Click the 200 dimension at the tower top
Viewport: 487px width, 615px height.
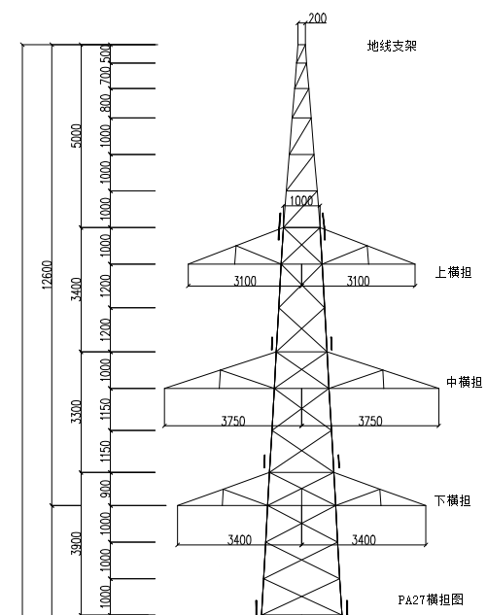tap(318, 18)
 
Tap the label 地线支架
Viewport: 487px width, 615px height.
tap(392, 46)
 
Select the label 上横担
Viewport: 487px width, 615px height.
tap(453, 272)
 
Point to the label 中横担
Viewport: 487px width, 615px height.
tap(465, 382)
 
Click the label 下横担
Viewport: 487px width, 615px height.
tap(452, 500)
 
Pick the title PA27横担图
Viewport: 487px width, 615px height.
tap(431, 599)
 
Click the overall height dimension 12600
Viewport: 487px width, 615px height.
tap(47, 275)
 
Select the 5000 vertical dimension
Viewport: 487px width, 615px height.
tap(77, 136)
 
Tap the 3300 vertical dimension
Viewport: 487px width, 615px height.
tap(77, 412)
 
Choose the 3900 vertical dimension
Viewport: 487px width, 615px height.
tap(77, 544)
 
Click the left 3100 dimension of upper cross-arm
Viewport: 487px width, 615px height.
tap(245, 281)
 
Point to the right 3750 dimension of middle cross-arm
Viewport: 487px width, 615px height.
tap(370, 421)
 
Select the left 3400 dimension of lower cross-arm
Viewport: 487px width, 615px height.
tap(239, 539)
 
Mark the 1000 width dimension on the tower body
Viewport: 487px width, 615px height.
tap(301, 201)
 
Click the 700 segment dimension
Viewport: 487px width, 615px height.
tap(105, 76)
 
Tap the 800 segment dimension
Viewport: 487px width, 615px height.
tap(105, 103)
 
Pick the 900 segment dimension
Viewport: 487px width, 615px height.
tap(105, 489)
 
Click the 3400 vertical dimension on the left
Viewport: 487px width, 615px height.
tap(77, 290)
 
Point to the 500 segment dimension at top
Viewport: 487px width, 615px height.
tap(105, 53)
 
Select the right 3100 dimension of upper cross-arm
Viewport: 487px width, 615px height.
tap(358, 281)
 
